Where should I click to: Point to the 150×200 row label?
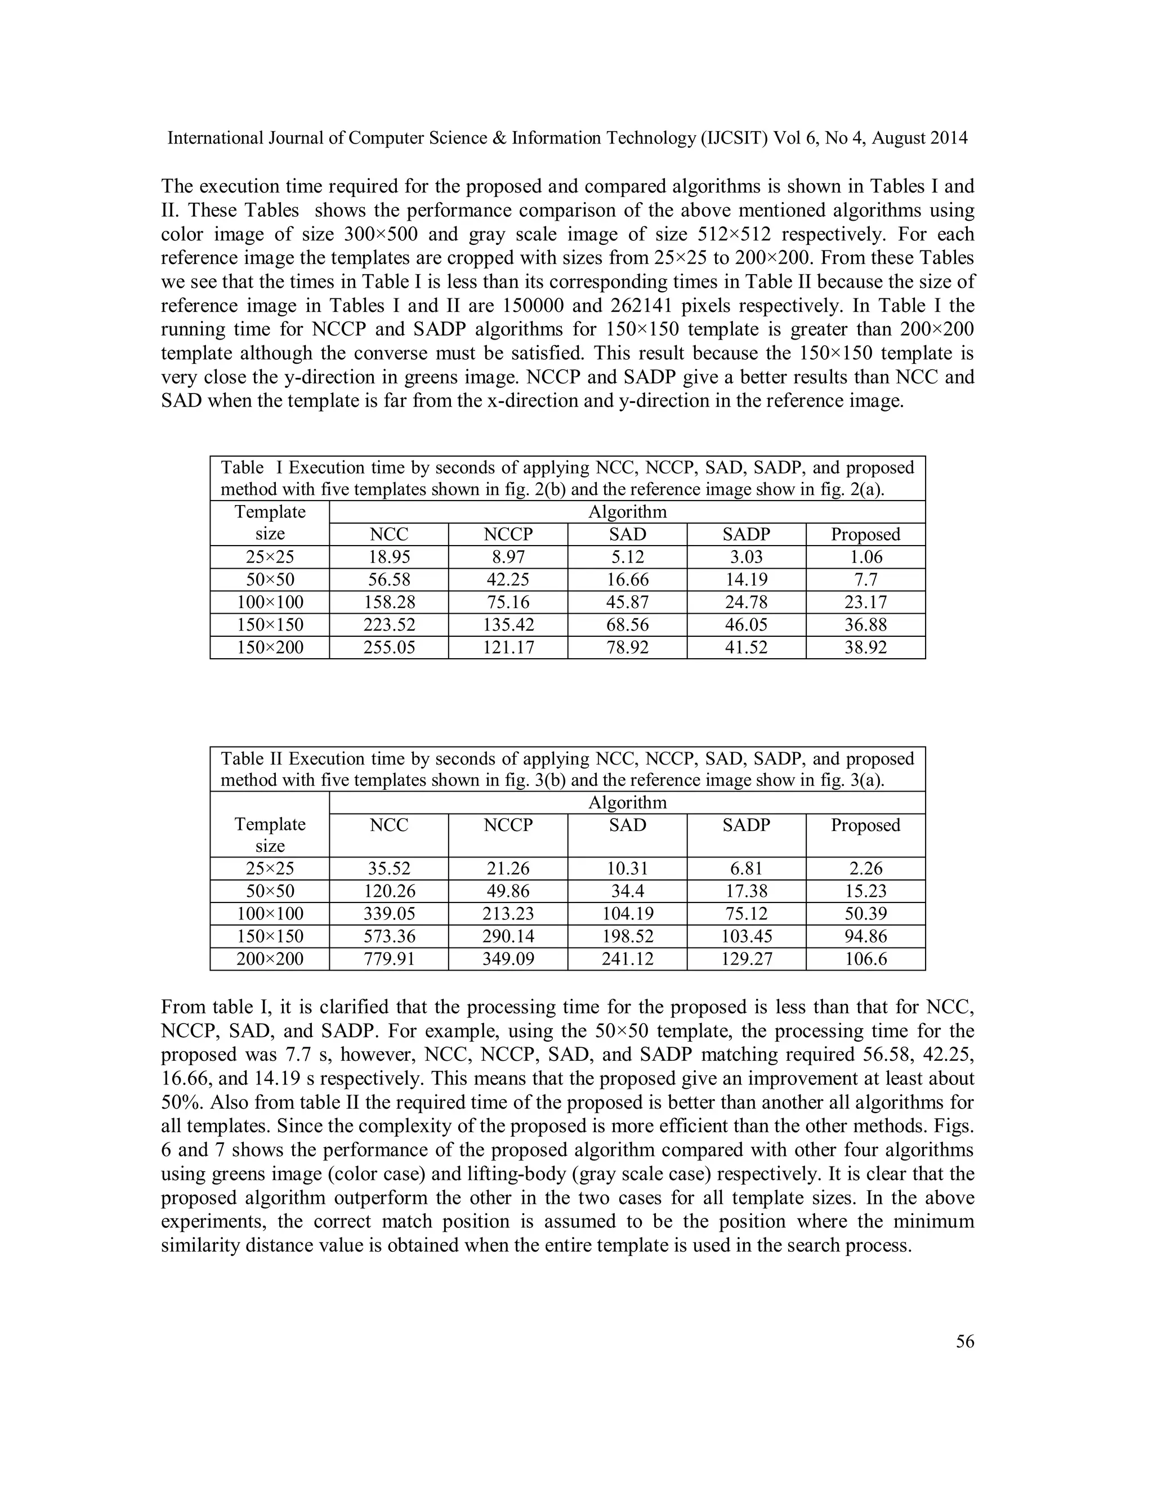[x=270, y=647]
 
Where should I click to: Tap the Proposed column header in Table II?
[x=865, y=825]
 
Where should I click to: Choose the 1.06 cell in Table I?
[x=865, y=557]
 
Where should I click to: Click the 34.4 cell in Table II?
[x=627, y=891]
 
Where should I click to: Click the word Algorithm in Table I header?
[x=627, y=512]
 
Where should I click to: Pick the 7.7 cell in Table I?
[x=865, y=579]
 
